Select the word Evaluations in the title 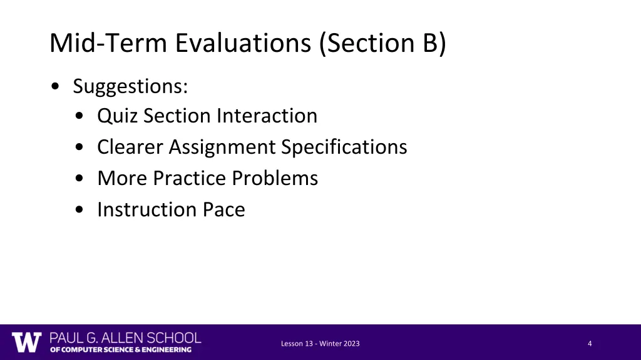[x=243, y=44]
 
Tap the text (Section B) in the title [x=382, y=44]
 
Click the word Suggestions [x=130, y=86]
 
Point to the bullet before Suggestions [x=57, y=87]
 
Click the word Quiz [x=117, y=116]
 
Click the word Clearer [x=130, y=147]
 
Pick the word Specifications [x=344, y=147]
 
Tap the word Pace [x=223, y=210]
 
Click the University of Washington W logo [x=27, y=342]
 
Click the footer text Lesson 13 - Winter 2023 [x=320, y=344]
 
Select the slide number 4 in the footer [x=590, y=344]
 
